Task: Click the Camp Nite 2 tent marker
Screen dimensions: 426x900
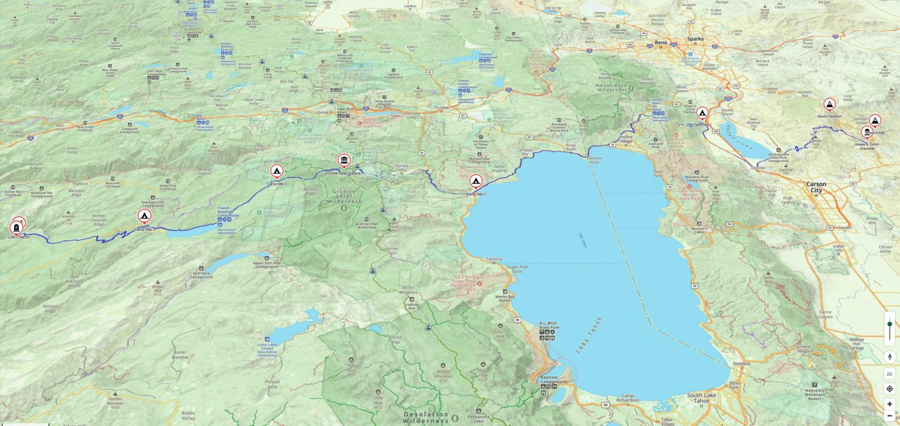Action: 476,181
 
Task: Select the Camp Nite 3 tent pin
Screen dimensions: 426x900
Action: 277,171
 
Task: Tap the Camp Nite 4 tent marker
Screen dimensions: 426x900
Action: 144,216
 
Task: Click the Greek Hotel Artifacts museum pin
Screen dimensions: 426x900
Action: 344,160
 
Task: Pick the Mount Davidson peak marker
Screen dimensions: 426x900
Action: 830,104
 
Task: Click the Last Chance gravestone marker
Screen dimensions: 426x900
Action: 16,227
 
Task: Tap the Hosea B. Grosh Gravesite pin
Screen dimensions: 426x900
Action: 867,132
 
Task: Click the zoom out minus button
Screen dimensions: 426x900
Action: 889,415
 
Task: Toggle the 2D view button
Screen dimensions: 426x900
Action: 889,374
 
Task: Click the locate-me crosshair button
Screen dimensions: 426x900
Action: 889,389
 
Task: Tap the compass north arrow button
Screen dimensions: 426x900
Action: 889,357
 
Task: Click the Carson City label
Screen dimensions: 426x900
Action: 816,187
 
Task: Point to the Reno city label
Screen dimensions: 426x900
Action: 661,42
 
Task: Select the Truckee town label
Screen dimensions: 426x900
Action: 441,108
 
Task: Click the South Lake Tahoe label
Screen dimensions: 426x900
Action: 701,398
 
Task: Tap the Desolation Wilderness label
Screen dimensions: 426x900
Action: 426,418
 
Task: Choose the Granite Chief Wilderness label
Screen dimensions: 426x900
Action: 344,196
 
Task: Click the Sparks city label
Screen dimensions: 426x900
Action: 695,39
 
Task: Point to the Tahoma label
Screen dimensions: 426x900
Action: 494,259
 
